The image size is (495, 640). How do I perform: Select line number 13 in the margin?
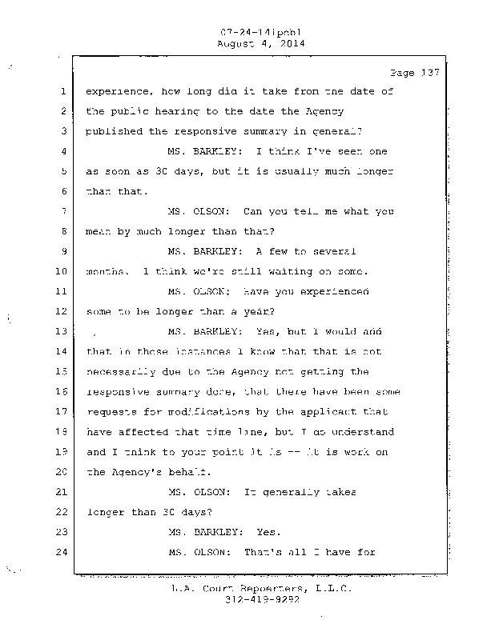(x=62, y=331)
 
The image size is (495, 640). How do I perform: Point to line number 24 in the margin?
(x=62, y=552)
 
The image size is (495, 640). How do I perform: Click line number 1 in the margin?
(x=62, y=91)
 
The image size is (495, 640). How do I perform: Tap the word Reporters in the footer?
(x=268, y=588)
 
